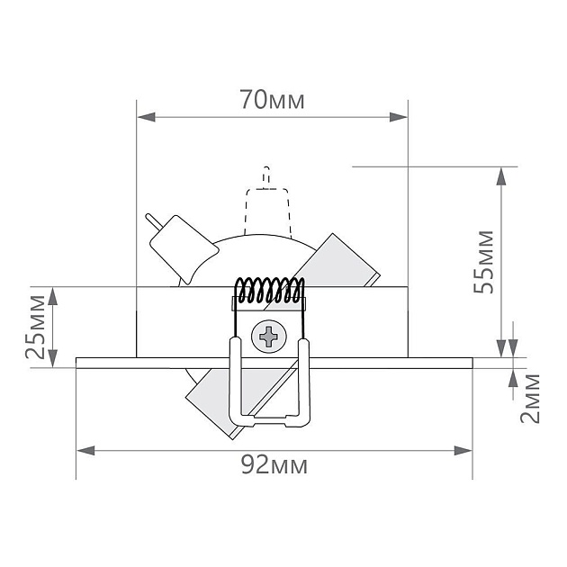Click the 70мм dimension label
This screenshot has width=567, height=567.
point(273,99)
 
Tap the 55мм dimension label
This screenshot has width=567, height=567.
point(483,262)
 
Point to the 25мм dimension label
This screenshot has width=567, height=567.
point(35,327)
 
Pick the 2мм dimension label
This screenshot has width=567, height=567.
point(530,399)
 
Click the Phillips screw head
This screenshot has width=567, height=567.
point(269,337)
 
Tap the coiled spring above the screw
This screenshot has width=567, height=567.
point(269,291)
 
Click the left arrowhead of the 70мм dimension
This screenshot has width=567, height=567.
point(147,117)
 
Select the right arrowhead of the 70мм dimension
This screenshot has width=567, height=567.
point(398,117)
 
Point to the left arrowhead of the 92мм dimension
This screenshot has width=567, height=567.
point(85,451)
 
